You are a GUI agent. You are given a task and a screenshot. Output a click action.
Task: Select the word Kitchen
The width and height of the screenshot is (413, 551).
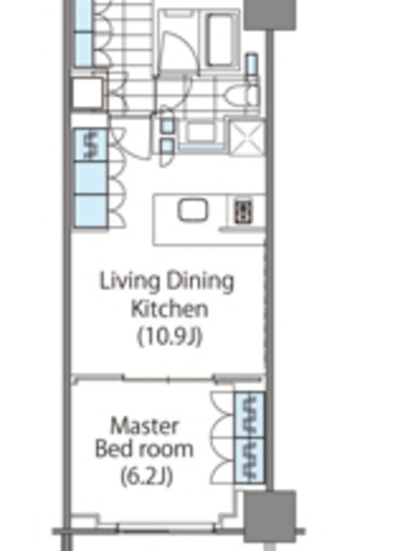pyautogui.click(x=169, y=309)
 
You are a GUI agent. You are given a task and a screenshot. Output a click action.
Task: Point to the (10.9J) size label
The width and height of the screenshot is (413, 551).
pyautogui.click(x=169, y=336)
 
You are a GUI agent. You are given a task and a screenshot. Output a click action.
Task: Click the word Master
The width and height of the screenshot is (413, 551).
pyautogui.click(x=145, y=426)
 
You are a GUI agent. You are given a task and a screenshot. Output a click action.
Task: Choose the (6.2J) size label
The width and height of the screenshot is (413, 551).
pyautogui.click(x=147, y=477)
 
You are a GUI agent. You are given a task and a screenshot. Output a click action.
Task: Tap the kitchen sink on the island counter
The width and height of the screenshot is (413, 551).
pyautogui.click(x=192, y=210)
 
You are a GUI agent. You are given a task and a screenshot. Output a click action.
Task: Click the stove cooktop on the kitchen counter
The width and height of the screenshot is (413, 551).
pyautogui.click(x=243, y=211)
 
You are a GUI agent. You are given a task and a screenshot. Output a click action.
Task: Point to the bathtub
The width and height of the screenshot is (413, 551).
pyautogui.click(x=220, y=40)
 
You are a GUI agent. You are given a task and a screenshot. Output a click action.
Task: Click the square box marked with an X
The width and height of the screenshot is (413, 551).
pyautogui.click(x=247, y=138)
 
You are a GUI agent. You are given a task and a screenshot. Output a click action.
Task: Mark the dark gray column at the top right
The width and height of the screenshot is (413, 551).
pyautogui.click(x=270, y=14)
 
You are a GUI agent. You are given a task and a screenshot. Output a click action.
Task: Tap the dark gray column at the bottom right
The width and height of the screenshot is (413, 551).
pyautogui.click(x=270, y=517)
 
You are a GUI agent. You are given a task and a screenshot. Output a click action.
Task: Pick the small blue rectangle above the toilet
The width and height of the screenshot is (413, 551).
pyautogui.click(x=251, y=65)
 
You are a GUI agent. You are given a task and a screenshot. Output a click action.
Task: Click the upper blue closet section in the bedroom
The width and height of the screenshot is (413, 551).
pyautogui.click(x=249, y=415)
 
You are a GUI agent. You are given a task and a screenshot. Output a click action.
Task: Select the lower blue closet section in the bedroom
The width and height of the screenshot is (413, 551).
pyautogui.click(x=249, y=460)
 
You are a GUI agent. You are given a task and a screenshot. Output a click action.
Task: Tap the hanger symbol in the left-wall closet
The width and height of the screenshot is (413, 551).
pyautogui.click(x=91, y=145)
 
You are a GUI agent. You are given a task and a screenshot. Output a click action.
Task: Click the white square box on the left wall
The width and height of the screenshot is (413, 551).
pyautogui.click(x=88, y=93)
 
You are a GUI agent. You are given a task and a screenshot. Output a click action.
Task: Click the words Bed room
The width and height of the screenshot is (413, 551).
pyautogui.click(x=144, y=449)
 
